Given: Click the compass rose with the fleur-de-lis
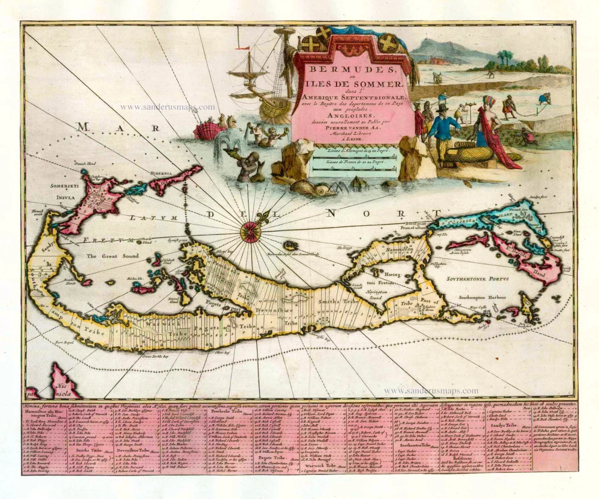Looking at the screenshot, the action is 250,231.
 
